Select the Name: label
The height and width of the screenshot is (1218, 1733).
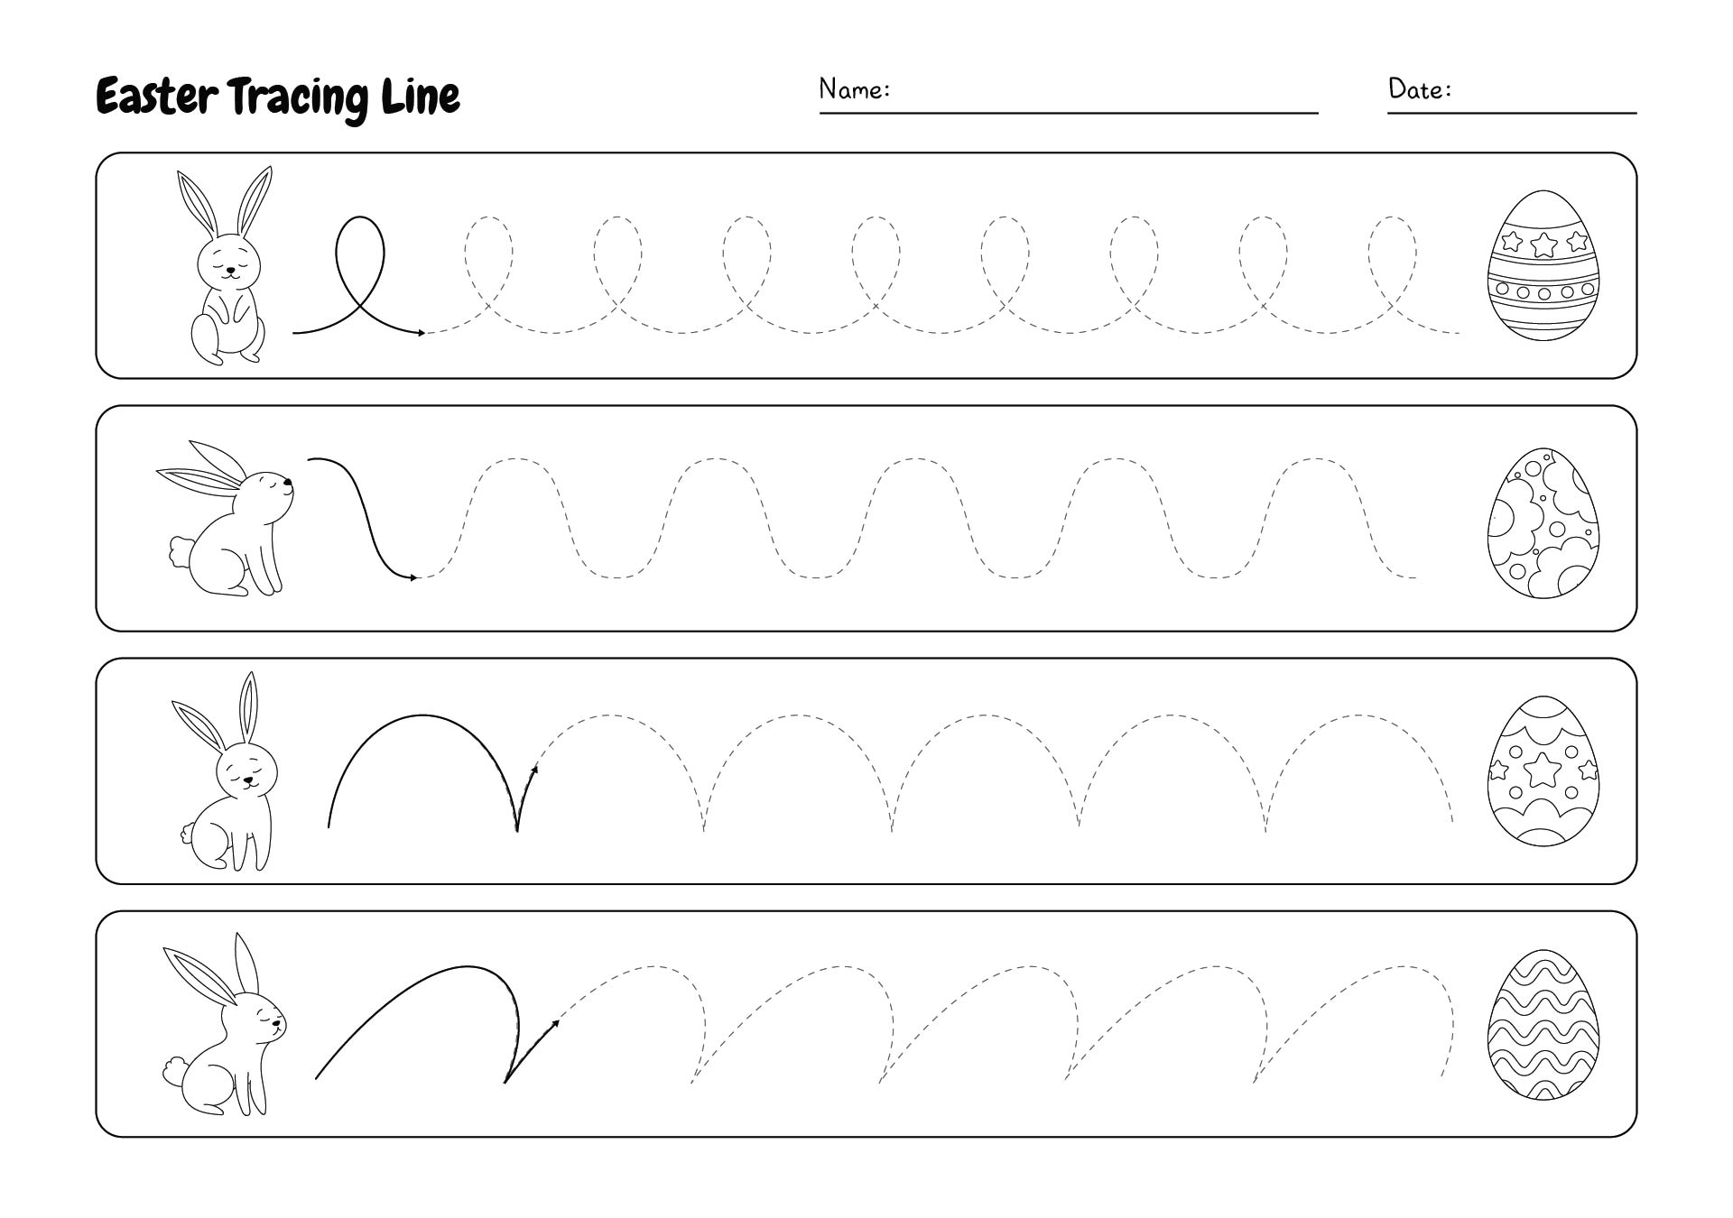pyautogui.click(x=855, y=88)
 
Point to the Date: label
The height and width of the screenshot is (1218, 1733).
pyautogui.click(x=1420, y=88)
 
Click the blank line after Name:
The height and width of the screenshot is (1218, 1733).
pyautogui.click(x=1069, y=113)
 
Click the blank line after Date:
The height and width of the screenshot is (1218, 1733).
pyautogui.click(x=1512, y=113)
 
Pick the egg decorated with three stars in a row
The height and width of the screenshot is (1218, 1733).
pyautogui.click(x=1543, y=264)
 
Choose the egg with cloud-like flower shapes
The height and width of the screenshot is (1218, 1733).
pyautogui.click(x=1543, y=523)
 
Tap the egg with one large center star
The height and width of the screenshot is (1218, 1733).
pyautogui.click(x=1543, y=770)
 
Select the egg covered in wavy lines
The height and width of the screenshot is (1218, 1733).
pyautogui.click(x=1543, y=1023)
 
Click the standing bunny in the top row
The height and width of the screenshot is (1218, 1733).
pyautogui.click(x=228, y=265)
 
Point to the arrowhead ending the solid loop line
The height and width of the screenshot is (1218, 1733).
pyautogui.click(x=421, y=333)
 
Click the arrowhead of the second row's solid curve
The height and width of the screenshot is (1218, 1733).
pyautogui.click(x=413, y=577)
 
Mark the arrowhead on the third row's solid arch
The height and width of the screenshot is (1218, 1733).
pyautogui.click(x=534, y=770)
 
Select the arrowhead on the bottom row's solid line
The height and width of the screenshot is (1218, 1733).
pyautogui.click(x=554, y=1022)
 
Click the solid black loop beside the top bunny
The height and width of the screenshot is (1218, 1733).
pyautogui.click(x=360, y=253)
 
